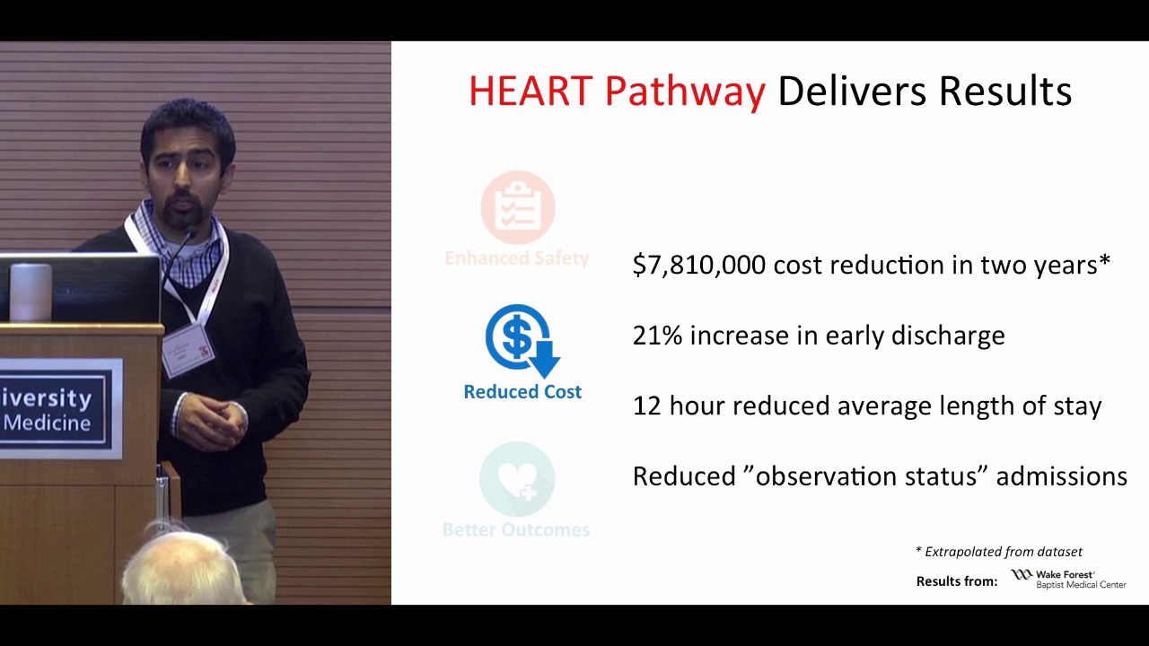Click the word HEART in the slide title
tap(530, 92)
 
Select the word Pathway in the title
tap(684, 92)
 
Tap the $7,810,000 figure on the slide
tap(698, 265)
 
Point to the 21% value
tap(657, 336)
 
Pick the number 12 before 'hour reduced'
tap(646, 406)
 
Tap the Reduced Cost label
tap(522, 392)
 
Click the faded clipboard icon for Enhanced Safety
tap(518, 207)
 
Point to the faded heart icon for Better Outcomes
tap(517, 479)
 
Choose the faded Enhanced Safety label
tap(517, 258)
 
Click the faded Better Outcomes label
tap(516, 530)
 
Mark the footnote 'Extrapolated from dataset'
tap(999, 552)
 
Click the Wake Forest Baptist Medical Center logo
tap(1068, 579)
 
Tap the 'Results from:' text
tap(957, 581)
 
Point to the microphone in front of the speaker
tap(186, 239)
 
